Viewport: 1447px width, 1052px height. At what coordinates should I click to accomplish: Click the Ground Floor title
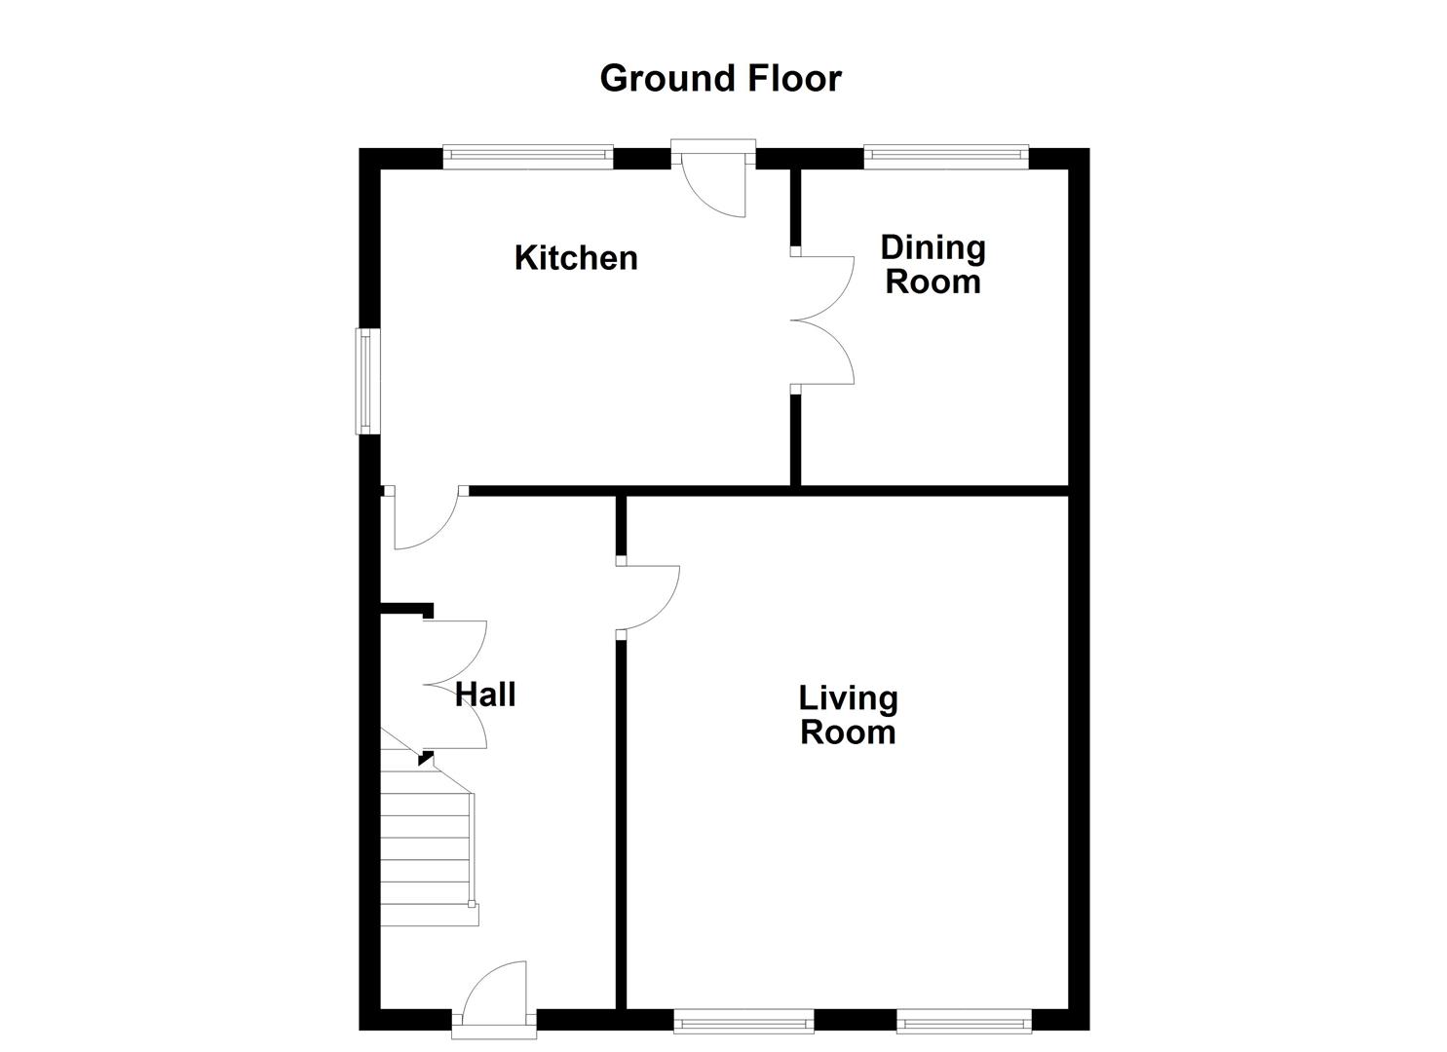coord(720,78)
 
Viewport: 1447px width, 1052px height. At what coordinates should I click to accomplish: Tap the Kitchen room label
coord(576,258)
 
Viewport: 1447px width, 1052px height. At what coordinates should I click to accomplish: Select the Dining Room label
coord(933,264)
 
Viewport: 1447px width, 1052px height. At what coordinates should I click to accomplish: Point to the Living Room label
coord(848,715)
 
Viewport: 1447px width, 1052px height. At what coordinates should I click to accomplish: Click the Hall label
coord(485,695)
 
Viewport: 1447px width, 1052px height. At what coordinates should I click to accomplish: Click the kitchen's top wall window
coord(527,157)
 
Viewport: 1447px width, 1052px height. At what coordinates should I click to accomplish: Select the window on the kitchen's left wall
coord(366,381)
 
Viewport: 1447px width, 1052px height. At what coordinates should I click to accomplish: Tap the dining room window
coord(945,157)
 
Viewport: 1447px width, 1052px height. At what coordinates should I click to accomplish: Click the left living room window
coord(743,1021)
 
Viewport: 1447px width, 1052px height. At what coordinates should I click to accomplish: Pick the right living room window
coord(964,1021)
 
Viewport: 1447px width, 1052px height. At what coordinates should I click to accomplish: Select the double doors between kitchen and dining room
coord(823,319)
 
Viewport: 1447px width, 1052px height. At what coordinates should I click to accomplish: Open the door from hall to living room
coord(648,597)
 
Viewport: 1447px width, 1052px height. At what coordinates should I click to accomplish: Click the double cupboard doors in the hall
coord(456,685)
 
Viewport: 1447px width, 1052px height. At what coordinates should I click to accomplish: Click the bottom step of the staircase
coord(429,914)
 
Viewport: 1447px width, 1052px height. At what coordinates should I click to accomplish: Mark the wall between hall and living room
coord(621,828)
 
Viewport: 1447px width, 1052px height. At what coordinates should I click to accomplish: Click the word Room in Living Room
coord(848,733)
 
